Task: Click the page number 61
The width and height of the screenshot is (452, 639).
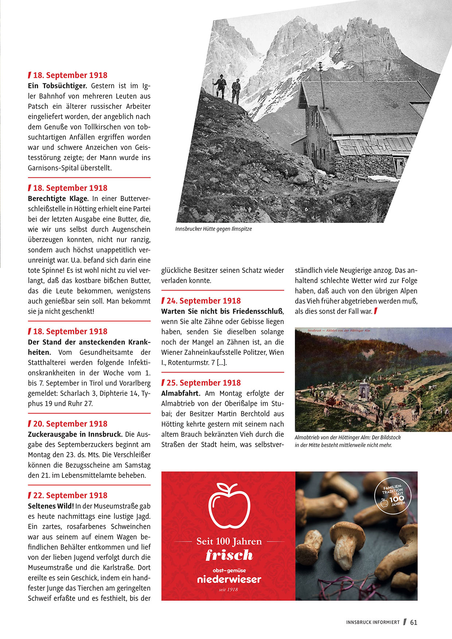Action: (414, 622)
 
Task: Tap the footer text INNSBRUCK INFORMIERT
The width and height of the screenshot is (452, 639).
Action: (373, 623)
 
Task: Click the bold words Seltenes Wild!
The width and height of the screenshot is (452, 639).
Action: (51, 506)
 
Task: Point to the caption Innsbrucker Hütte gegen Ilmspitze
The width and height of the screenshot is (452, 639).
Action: (214, 229)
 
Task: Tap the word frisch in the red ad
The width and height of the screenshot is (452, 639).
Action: (229, 555)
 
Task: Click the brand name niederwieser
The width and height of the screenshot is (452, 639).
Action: (229, 579)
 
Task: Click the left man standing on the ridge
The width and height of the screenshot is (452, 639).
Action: (221, 86)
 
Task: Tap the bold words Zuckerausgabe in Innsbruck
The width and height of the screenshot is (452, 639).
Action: (75, 434)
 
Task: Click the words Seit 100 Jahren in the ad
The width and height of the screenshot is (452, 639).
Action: (229, 541)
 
